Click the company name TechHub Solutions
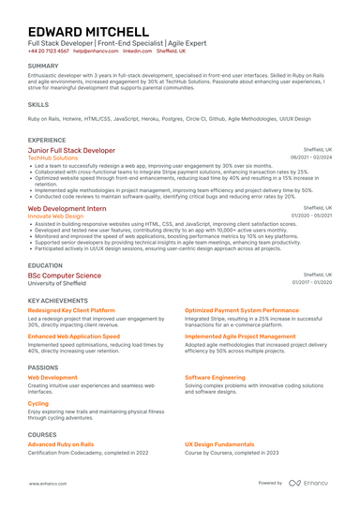point(52,158)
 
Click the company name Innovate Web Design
point(55,217)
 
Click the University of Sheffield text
point(59,283)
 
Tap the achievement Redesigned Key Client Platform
point(71,309)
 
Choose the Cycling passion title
point(38,404)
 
